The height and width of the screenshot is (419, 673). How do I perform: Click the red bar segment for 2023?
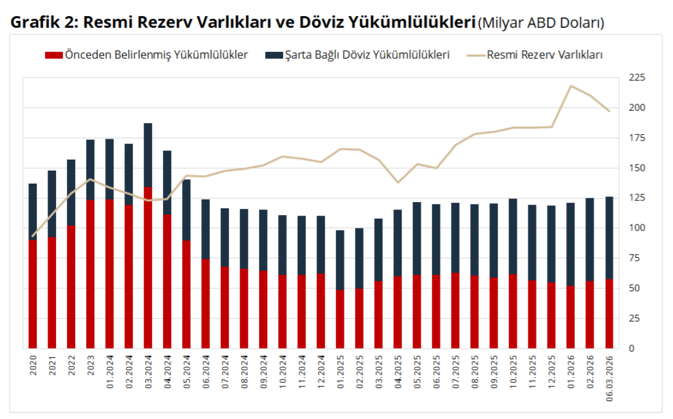(90, 274)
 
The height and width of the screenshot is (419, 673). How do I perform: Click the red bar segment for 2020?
(33, 295)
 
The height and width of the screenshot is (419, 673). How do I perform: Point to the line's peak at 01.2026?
(571, 86)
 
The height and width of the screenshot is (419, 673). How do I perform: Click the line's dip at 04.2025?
(398, 182)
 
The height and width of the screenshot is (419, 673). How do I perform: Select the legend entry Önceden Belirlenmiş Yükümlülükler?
(146, 55)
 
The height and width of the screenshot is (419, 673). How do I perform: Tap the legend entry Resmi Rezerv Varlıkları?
(535, 55)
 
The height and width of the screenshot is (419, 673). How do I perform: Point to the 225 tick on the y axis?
(635, 78)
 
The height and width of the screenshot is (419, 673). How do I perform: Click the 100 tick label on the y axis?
(635, 228)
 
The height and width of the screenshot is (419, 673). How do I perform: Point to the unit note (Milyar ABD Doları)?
(541, 23)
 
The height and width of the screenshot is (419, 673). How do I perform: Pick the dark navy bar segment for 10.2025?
(513, 236)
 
